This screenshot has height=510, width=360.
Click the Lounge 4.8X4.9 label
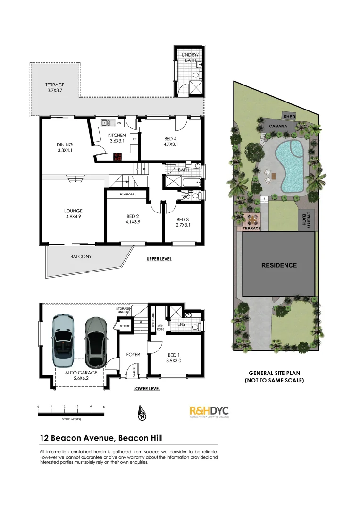(73, 214)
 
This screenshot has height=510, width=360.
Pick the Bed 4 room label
(170, 141)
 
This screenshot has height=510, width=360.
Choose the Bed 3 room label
(183, 222)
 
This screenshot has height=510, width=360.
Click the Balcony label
(81, 257)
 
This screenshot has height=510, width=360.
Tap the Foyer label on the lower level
(133, 354)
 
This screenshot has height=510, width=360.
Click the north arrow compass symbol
(141, 413)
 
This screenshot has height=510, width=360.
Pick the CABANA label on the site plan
(279, 127)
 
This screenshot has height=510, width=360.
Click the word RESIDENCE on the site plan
(279, 265)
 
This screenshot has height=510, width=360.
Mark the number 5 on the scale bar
(103, 406)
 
